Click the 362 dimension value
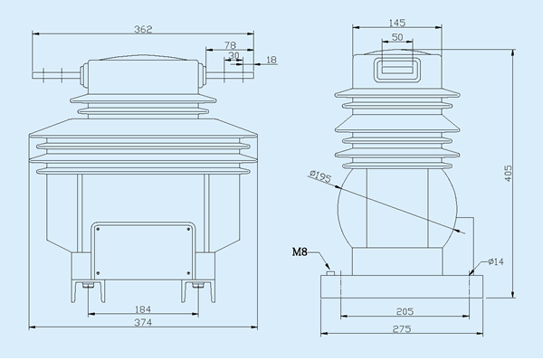point(143,29)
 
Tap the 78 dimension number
point(230,45)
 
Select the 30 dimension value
point(234,55)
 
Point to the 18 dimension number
point(271,60)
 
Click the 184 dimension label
point(143,309)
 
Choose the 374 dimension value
point(143,322)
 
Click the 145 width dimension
point(397,23)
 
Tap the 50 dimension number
point(397,37)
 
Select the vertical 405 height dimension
point(508,173)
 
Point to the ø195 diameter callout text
point(320,176)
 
